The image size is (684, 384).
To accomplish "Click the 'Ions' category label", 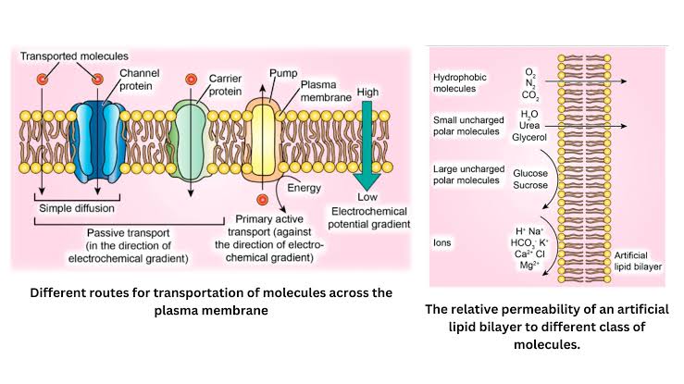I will [x=443, y=242].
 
